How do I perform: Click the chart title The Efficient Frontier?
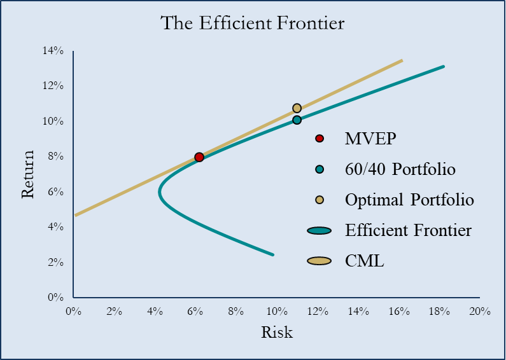(x=253, y=24)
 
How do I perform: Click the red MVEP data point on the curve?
(x=199, y=157)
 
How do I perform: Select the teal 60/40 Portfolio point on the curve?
(x=297, y=120)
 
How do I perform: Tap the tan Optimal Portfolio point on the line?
(x=297, y=108)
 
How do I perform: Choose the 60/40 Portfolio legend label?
(x=400, y=169)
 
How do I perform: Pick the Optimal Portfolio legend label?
(x=409, y=200)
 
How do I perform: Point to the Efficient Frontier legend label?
(x=408, y=230)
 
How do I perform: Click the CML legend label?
(x=365, y=261)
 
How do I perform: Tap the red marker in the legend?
(x=320, y=139)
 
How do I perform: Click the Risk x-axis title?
(x=277, y=332)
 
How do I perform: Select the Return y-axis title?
(x=27, y=174)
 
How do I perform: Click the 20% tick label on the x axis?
(x=479, y=312)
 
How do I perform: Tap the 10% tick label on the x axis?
(x=276, y=312)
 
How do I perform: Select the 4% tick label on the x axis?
(x=155, y=312)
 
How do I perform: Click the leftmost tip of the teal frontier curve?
(x=160, y=190)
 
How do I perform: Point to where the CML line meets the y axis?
(x=74, y=215)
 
